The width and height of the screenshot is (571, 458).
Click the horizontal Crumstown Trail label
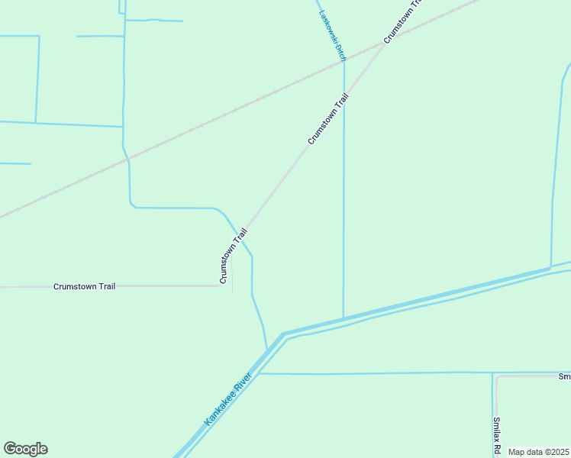(x=85, y=286)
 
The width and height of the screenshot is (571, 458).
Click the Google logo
(x=25, y=449)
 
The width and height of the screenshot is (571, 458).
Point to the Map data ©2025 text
(x=538, y=452)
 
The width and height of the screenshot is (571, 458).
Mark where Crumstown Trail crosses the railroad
(x=384, y=44)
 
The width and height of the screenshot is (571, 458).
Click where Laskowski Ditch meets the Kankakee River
(x=344, y=318)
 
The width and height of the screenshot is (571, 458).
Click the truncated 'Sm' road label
(x=564, y=376)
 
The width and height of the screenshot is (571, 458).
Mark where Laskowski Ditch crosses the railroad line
(x=344, y=63)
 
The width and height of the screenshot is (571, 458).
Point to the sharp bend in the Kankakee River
(x=282, y=335)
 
